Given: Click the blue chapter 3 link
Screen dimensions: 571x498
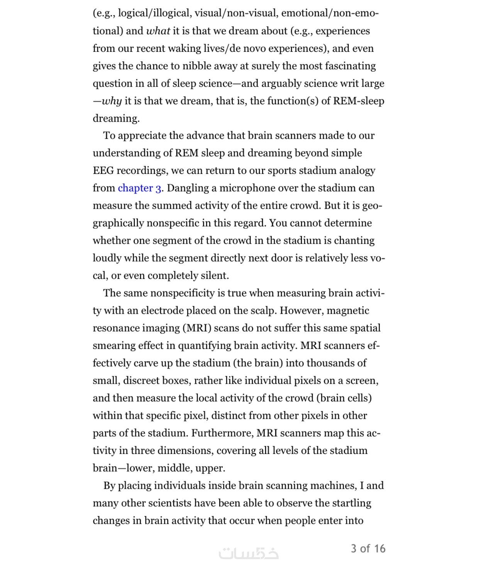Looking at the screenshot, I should click(x=139, y=188).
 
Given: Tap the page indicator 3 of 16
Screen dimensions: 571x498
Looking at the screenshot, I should click(x=368, y=549).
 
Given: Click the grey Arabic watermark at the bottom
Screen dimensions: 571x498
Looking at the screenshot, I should click(x=249, y=553).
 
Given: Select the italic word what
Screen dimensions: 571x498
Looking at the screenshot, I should click(x=158, y=31).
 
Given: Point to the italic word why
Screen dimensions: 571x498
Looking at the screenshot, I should click(x=112, y=101).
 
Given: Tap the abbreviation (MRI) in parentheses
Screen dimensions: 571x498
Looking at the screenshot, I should click(x=197, y=328).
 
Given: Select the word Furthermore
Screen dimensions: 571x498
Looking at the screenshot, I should click(x=223, y=433).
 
